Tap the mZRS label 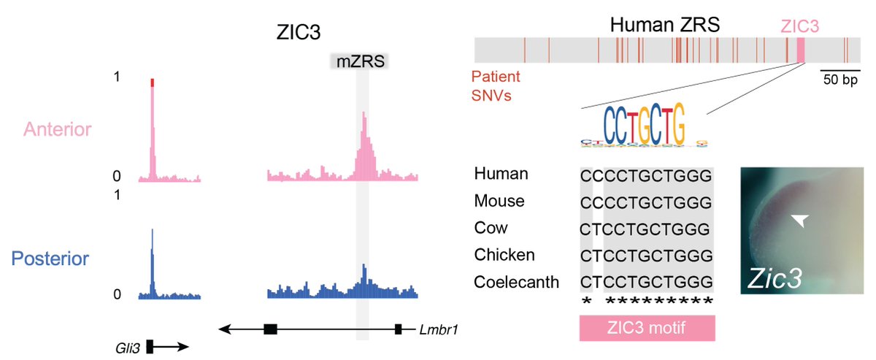point(358,61)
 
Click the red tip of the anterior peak point(152,83)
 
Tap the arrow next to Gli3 point(172,347)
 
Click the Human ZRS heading point(665,26)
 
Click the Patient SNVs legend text point(500,85)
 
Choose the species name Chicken point(504,254)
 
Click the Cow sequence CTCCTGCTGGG point(645,229)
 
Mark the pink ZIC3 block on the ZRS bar point(800,50)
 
